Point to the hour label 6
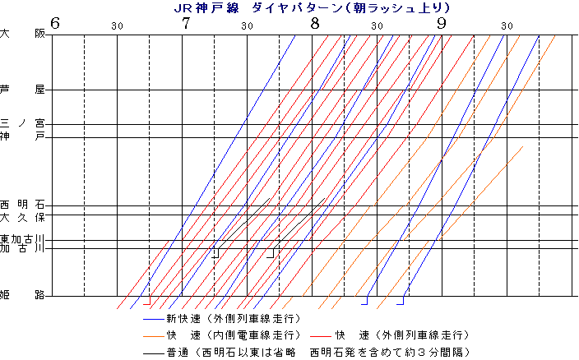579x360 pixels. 55,23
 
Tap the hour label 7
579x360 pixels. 185,23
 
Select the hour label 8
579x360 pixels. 315,23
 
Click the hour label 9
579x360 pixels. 443,23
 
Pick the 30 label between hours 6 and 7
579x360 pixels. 118,26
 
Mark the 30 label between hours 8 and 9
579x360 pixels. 378,26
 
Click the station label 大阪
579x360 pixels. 22,35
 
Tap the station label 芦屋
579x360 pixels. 22,89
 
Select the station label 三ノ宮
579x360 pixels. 22,123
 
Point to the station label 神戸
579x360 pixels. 22,136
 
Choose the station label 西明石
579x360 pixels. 22,205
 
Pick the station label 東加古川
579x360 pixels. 22,238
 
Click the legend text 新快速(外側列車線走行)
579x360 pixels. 233,318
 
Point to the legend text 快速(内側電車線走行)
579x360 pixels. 233,335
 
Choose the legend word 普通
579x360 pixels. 177,353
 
